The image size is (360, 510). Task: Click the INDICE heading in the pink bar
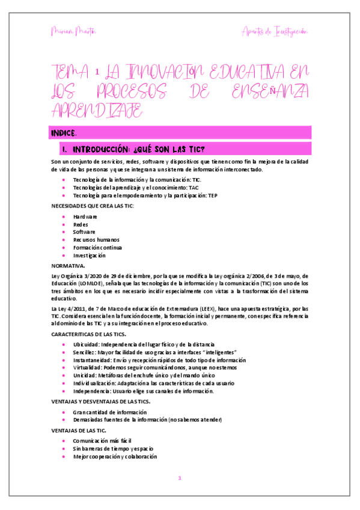click(x=64, y=132)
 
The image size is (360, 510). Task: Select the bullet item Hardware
click(x=85, y=216)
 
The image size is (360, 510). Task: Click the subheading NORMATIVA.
click(x=68, y=265)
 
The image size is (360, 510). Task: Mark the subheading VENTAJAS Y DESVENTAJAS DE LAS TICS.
click(x=101, y=401)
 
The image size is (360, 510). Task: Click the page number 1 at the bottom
click(x=180, y=478)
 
